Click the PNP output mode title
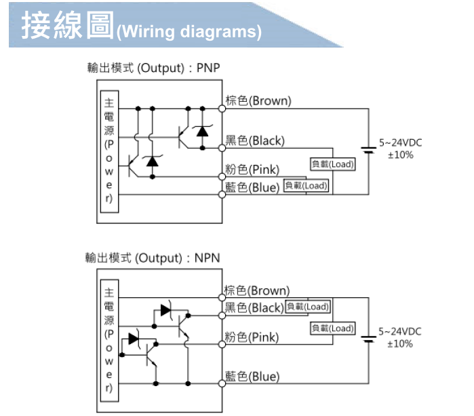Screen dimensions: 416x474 [154, 68]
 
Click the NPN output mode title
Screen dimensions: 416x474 [153, 258]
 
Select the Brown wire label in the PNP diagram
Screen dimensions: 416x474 [258, 101]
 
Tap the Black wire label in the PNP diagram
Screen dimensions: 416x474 [255, 141]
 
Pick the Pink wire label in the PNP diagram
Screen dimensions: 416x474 [252, 169]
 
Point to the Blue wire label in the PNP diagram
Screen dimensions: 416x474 [252, 187]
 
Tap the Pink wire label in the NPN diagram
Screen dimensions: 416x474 [252, 337]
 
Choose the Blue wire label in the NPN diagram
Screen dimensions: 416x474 [252, 376]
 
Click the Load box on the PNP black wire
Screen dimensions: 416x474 [332, 164]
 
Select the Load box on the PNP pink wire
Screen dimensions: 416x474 [306, 186]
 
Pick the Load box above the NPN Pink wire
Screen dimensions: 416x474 [332, 328]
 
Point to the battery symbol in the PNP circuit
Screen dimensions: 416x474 [369, 149]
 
